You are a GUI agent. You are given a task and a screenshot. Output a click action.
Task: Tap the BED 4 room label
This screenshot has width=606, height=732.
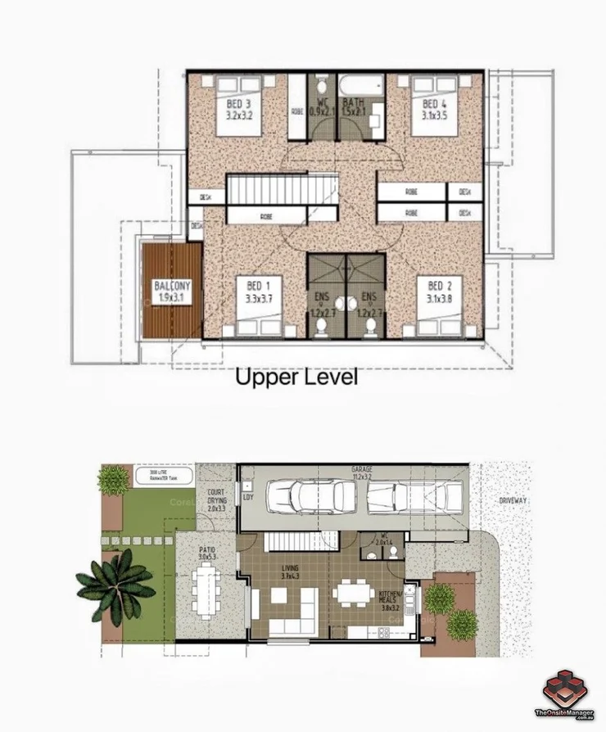click(x=434, y=110)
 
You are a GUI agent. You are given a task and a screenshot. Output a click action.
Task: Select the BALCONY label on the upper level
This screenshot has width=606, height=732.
click(x=173, y=291)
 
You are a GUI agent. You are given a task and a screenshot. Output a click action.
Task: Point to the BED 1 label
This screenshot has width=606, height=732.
click(x=258, y=291)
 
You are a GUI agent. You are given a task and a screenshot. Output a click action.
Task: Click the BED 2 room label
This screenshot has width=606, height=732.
click(x=439, y=291)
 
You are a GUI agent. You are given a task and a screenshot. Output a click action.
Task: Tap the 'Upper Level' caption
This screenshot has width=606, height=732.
click(x=297, y=378)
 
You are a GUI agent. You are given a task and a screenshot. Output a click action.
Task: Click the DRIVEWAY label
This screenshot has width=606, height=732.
click(x=513, y=500)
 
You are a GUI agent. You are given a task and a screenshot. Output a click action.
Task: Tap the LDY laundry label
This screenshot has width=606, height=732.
click(x=247, y=497)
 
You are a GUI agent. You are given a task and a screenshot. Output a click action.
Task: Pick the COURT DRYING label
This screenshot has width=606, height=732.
click(x=216, y=501)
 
